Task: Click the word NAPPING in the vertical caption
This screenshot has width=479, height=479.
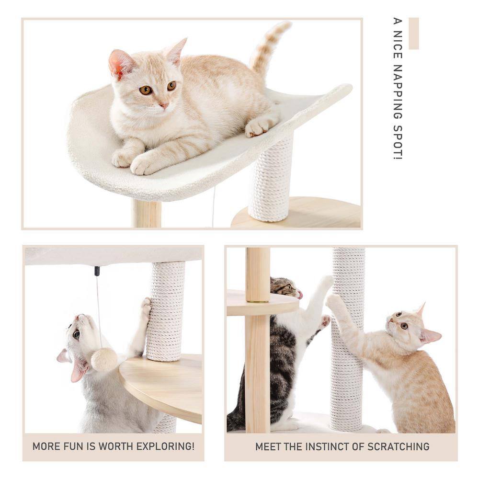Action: (397, 93)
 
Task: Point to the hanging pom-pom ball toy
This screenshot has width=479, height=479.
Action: (104, 359)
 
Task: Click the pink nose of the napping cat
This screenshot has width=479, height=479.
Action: (164, 105)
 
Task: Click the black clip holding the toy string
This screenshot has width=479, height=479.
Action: (97, 271)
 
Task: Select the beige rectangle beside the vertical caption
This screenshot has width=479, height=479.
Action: (413, 34)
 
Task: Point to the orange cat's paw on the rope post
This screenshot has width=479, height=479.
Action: (333, 301)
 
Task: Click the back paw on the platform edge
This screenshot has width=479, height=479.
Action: (260, 125)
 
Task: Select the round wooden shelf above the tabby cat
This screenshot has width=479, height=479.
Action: (261, 303)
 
